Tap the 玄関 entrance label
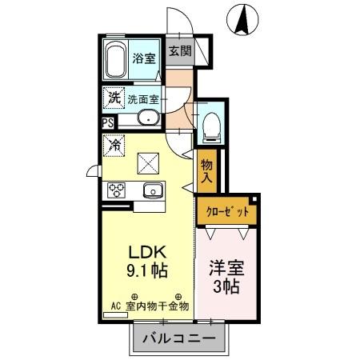pos(180,51)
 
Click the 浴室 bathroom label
pos(144,58)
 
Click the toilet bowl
pos(211,126)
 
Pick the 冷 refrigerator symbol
pos(114,146)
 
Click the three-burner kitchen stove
pos(118,190)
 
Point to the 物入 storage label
pos(206,170)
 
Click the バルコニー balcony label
pos(179,339)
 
